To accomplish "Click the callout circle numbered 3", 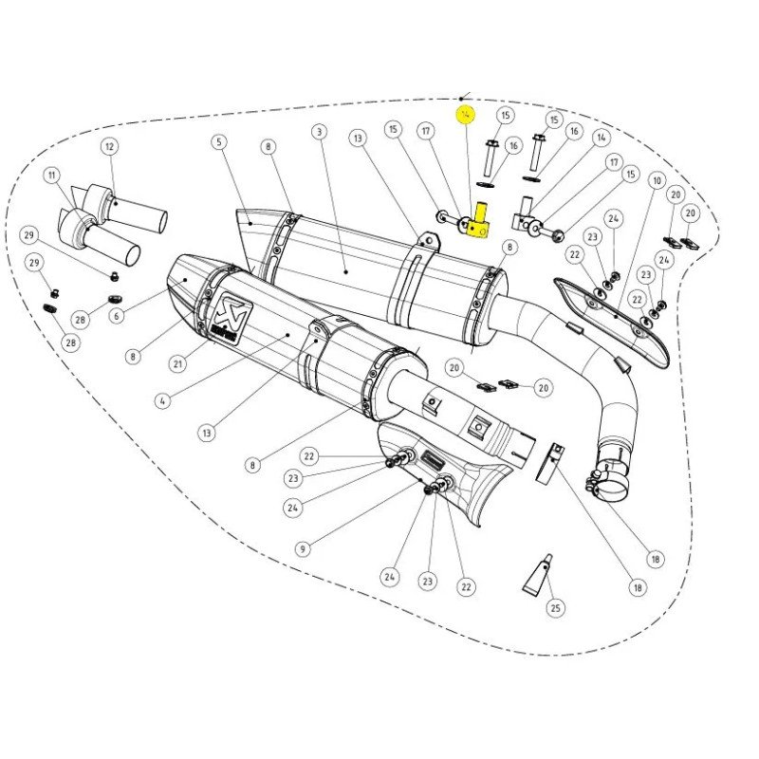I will [x=319, y=132].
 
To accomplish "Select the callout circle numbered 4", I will [x=162, y=401].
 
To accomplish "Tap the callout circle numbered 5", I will [x=219, y=143].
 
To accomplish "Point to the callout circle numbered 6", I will [x=116, y=317].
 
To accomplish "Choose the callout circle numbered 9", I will [x=302, y=547].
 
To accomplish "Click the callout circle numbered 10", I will [x=657, y=179].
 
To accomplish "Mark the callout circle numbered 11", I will [x=51, y=176].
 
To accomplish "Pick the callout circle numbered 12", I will [x=109, y=146].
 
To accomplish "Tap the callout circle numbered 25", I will [x=556, y=607].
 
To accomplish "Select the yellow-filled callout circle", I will [x=465, y=116].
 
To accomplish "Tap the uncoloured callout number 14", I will [x=601, y=138].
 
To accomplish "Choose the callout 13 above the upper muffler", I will [x=357, y=139].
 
